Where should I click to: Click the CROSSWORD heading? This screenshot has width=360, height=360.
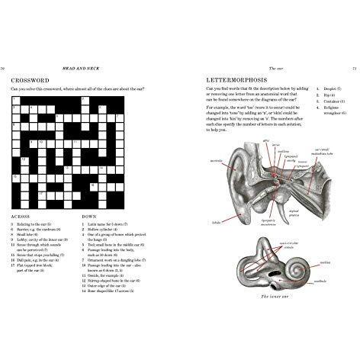[x=30, y=79]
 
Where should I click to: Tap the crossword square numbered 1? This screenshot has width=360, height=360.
[x=14, y=100]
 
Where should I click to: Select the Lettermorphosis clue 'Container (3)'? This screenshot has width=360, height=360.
[x=333, y=100]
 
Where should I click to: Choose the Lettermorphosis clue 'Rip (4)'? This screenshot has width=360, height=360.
[x=329, y=95]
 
